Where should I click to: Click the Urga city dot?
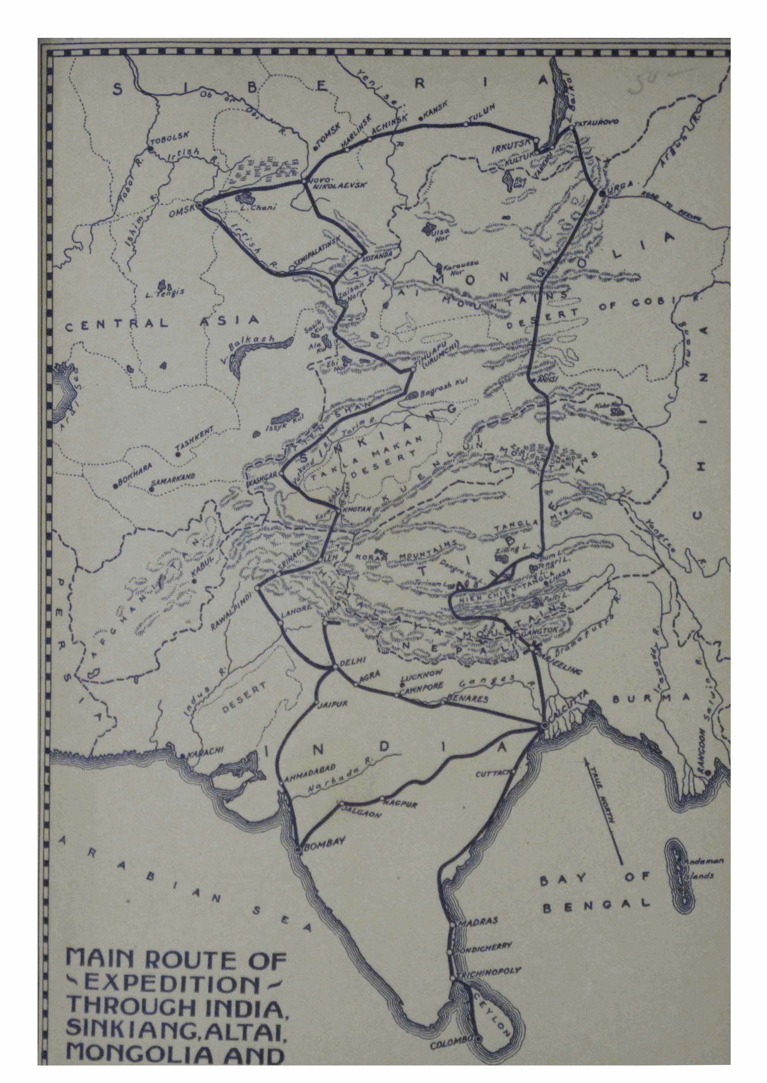coord(602,193)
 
